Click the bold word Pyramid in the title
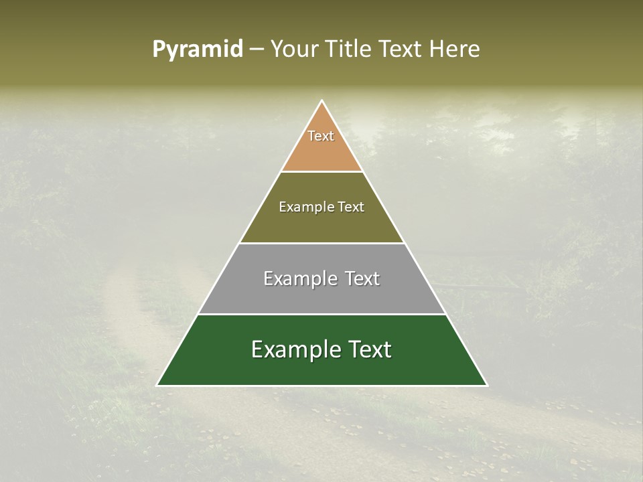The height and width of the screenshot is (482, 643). click(x=197, y=50)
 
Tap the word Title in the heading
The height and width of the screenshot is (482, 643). click(x=350, y=50)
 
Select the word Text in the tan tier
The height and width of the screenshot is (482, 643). click(x=321, y=136)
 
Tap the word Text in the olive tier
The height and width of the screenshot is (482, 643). click(x=351, y=207)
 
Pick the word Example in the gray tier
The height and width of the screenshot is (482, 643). click(x=295, y=278)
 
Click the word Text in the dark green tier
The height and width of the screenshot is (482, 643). click(x=365, y=349)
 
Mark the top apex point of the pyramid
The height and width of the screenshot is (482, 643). click(x=322, y=100)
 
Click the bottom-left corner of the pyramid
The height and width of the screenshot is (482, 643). click(x=157, y=386)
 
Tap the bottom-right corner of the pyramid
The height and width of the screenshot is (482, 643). click(x=488, y=386)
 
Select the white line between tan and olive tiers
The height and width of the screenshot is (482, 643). click(x=322, y=172)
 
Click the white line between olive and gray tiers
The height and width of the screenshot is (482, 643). click(x=322, y=243)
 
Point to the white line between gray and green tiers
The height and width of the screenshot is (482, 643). click(x=322, y=314)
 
